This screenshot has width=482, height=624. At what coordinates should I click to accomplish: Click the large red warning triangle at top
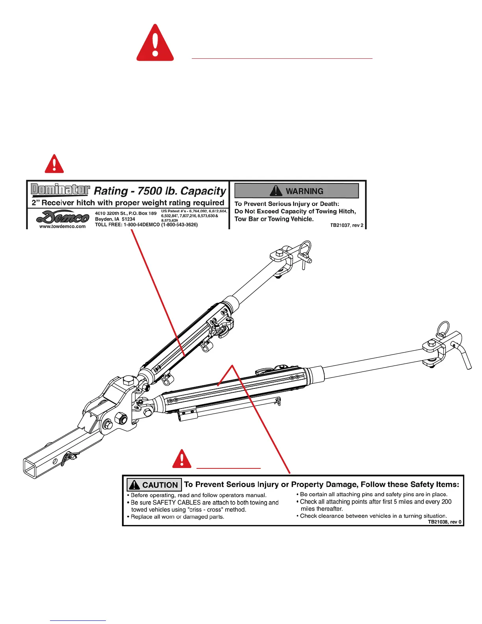(155, 43)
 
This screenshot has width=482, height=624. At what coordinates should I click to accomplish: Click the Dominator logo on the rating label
(60, 190)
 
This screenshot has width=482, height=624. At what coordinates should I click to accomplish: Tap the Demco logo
(63, 217)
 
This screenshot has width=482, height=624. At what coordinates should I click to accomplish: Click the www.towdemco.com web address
(63, 227)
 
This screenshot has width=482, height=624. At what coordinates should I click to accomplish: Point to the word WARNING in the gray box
(304, 191)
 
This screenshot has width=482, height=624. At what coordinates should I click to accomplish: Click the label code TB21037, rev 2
(347, 225)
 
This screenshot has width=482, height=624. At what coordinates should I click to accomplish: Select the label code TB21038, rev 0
(445, 522)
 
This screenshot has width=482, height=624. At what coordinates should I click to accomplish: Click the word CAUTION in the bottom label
(160, 485)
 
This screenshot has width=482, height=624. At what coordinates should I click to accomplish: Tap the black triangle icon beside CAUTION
(135, 485)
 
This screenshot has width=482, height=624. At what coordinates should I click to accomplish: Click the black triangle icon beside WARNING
(276, 191)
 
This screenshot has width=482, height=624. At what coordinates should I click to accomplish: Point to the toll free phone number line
(146, 225)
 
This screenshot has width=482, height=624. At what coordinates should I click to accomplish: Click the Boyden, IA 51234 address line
(115, 219)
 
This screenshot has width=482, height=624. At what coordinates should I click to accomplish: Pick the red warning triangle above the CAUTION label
(182, 459)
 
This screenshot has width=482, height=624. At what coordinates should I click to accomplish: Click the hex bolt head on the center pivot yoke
(128, 381)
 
